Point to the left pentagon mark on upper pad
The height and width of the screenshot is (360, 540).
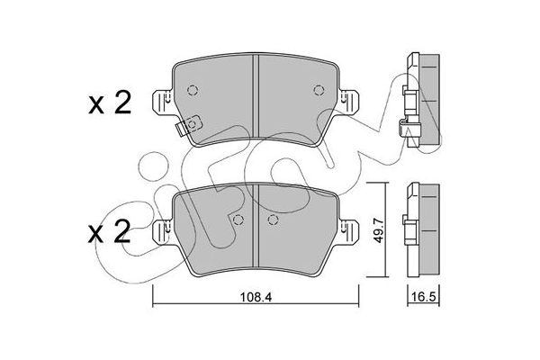tap(193, 89)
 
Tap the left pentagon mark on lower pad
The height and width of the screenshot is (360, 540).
tap(238, 220)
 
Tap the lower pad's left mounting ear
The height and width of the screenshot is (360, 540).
tap(162, 231)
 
